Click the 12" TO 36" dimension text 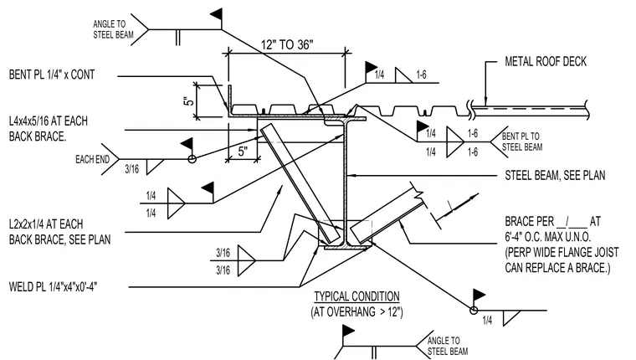(x=287, y=44)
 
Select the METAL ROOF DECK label (x=546, y=61)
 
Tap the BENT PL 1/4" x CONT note (x=52, y=75)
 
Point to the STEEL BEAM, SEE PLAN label (x=555, y=175)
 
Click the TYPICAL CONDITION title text (x=357, y=296)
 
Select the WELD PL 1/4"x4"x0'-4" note (x=53, y=287)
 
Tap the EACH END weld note (x=93, y=160)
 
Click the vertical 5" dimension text (x=187, y=101)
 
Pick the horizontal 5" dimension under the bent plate (x=243, y=152)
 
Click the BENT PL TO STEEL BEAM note (x=522, y=141)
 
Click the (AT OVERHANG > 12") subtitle (x=357, y=312)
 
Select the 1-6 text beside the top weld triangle (x=422, y=75)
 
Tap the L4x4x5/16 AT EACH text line (x=49, y=121)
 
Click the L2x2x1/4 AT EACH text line (x=46, y=224)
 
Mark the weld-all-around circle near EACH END (x=192, y=159)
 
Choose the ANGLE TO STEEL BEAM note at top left (x=113, y=29)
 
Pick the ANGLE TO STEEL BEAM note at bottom (x=448, y=346)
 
